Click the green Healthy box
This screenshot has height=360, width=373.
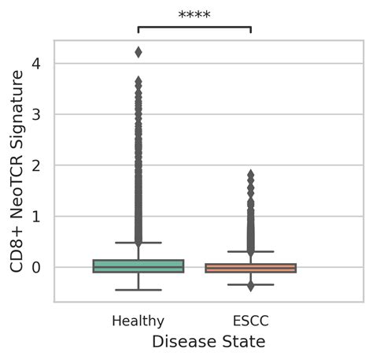coord(138,266)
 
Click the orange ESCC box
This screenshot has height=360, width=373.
coord(250,268)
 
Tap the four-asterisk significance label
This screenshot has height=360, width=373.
coord(194,15)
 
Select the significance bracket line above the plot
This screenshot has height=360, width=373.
coord(194,27)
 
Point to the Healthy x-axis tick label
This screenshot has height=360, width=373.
coord(138,321)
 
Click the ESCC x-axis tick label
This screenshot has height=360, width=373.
coord(250,321)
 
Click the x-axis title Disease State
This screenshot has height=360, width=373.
coord(208,342)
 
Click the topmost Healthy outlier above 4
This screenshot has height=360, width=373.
coord(138,52)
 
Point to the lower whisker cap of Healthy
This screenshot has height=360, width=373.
coord(138,290)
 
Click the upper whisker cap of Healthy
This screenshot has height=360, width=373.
coord(138,243)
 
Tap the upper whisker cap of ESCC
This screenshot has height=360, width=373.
coord(250,251)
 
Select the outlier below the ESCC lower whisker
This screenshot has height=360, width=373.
coord(250,287)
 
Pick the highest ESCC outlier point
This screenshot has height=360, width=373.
coord(250,173)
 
